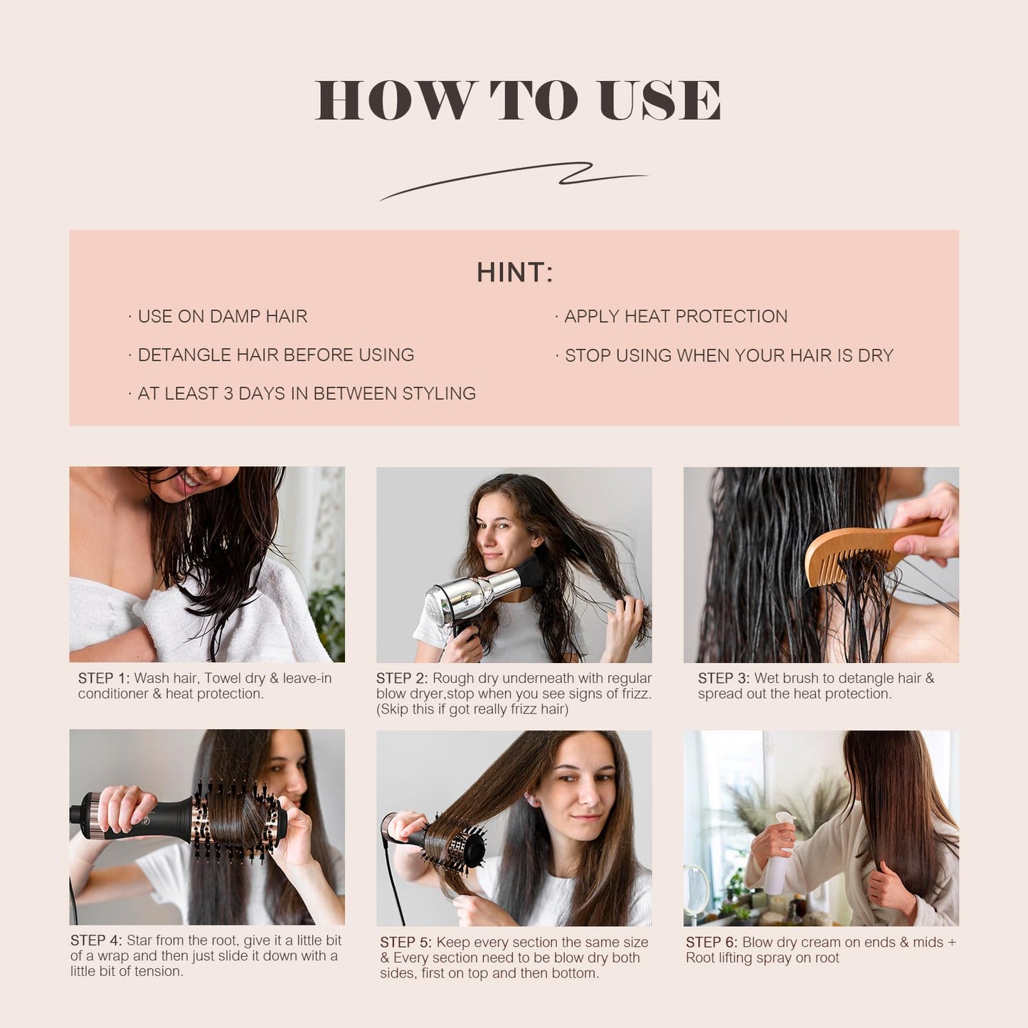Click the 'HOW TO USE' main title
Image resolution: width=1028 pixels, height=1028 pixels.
tap(517, 100)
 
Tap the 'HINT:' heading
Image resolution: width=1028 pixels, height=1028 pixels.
tap(514, 272)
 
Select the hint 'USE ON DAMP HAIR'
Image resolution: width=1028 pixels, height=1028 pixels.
tap(222, 317)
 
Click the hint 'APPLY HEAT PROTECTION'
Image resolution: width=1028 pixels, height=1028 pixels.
tap(675, 317)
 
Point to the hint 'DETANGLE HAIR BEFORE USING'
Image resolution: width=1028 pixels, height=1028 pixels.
tap(275, 355)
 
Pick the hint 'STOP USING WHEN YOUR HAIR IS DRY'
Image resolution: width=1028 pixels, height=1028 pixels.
tap(728, 356)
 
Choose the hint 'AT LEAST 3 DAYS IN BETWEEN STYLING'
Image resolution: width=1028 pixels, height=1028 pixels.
tap(306, 393)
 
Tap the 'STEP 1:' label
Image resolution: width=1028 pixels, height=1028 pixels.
tap(104, 679)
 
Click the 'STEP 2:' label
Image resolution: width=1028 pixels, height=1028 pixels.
tap(402, 679)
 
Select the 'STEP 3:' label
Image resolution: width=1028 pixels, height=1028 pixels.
tap(724, 679)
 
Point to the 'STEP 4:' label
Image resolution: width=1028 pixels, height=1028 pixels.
tap(96, 940)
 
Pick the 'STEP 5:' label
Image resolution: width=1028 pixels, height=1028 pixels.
tap(406, 943)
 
